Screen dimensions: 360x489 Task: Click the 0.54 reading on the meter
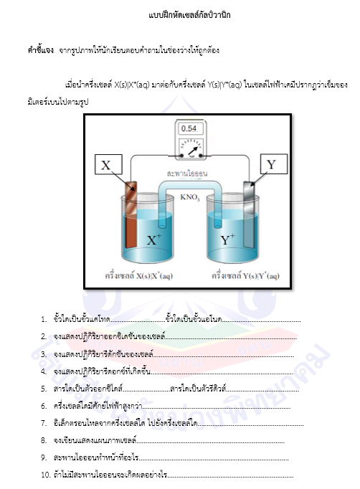[x=189, y=128]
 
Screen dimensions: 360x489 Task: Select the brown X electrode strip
[x=131, y=215]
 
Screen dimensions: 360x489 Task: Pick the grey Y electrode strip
[x=249, y=214]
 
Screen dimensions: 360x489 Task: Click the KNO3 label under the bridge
[x=189, y=197]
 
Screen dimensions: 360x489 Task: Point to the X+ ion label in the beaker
[x=154, y=239]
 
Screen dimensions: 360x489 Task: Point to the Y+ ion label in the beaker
[x=228, y=239]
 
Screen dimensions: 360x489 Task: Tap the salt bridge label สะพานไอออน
[x=187, y=174]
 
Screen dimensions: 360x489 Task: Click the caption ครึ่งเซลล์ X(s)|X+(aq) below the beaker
[x=139, y=275]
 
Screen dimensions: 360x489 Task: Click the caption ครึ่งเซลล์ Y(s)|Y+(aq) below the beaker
[x=245, y=275]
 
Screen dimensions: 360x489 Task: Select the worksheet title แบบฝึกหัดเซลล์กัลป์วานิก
[x=189, y=15]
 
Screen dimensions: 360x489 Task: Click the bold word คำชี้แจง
[x=41, y=50]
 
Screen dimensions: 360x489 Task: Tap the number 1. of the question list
[x=44, y=319]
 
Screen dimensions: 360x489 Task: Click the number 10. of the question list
[x=46, y=475]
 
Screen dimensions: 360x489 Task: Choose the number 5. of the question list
[x=44, y=389]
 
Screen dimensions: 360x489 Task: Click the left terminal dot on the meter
[x=181, y=156]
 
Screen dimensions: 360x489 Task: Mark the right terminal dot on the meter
[x=201, y=156]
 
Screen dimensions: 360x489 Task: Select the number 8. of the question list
[x=44, y=441]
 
